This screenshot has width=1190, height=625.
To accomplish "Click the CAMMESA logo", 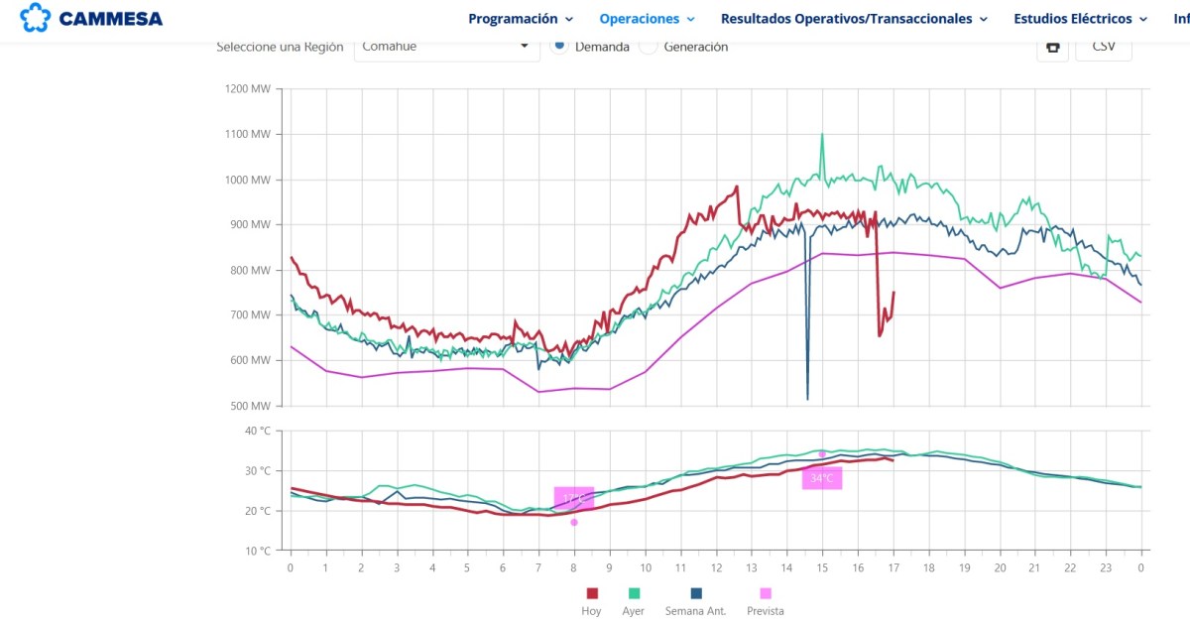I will pos(91,18).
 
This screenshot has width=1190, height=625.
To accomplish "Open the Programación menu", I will pos(521,19).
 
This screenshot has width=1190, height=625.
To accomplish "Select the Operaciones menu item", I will pos(647,19).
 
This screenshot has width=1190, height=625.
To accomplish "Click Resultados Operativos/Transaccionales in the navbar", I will pos(854,19).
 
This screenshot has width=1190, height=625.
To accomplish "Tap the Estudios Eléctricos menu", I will pos(1080,19).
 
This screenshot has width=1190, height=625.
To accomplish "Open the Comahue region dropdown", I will pos(446,47).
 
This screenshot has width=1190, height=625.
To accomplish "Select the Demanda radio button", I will pos(559,46).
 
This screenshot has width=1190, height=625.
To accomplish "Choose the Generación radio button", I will pos(649,47).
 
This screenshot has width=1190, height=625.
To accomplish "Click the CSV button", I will pos(1103,47).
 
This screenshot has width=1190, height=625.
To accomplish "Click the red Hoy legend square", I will pos(592,593).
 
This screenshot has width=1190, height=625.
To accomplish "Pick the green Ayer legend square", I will pos(633,593).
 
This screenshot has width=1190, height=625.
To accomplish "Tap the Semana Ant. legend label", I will pos(695,611).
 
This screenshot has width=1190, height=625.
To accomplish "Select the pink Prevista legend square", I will pos(765,593).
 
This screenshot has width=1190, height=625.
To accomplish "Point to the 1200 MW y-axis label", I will pos(248,88).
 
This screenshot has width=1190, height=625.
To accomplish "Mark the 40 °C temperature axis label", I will pos(257,432).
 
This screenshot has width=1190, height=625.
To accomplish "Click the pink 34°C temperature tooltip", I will pos(822,478).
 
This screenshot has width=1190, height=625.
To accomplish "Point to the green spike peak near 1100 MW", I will pos(822,134).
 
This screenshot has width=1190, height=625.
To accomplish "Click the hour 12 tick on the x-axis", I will pos(716,567).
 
